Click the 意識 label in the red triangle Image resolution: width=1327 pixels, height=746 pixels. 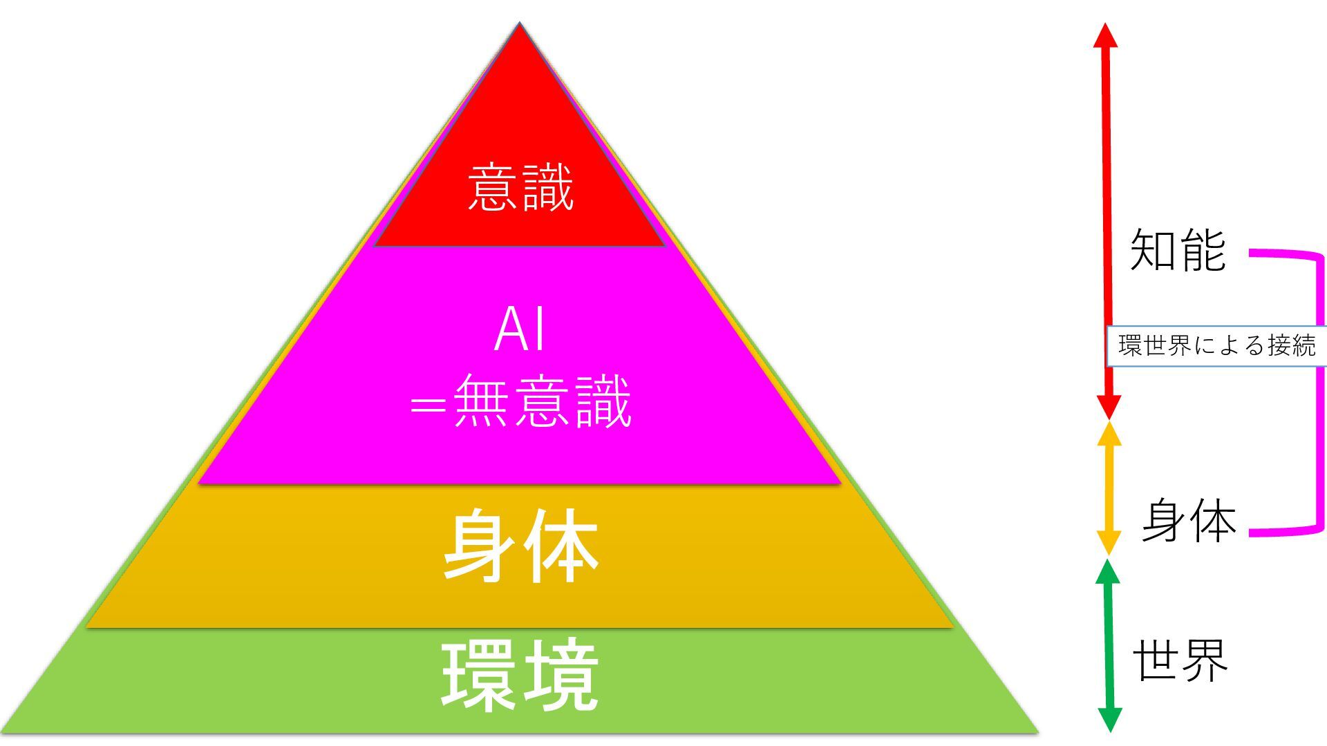click(x=520, y=187)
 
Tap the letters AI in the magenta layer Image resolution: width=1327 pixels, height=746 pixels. click(x=520, y=330)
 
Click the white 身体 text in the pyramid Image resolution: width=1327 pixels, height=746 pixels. click(x=520, y=546)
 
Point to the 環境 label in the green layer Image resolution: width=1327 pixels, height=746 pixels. click(x=519, y=676)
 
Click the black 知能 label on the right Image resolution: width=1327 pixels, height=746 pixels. click(x=1178, y=250)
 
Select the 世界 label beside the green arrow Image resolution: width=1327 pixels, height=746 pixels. click(x=1180, y=660)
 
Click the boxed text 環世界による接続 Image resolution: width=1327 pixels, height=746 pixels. click(x=1216, y=345)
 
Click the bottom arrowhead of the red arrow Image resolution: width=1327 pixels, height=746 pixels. click(x=1109, y=408)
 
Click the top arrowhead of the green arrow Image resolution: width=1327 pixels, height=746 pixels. click(x=1108, y=571)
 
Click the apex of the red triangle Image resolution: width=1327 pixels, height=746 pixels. click(x=520, y=28)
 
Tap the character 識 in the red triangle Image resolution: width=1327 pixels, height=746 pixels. click(x=548, y=187)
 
